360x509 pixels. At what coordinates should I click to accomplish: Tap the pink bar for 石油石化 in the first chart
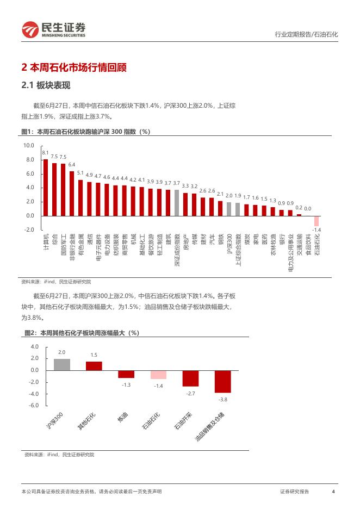(316, 220)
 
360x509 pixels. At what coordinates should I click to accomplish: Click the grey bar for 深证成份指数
(177, 202)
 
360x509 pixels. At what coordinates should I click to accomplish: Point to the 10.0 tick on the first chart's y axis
(28, 146)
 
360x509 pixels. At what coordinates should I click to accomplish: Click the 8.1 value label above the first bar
(46, 153)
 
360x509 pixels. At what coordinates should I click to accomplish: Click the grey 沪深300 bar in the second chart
(61, 364)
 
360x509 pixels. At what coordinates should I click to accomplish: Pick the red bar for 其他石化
(94, 365)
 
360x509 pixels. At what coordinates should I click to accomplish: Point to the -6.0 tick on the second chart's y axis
(34, 406)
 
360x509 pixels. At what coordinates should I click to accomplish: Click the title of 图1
(85, 132)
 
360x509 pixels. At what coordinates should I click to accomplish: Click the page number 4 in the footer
(333, 492)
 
